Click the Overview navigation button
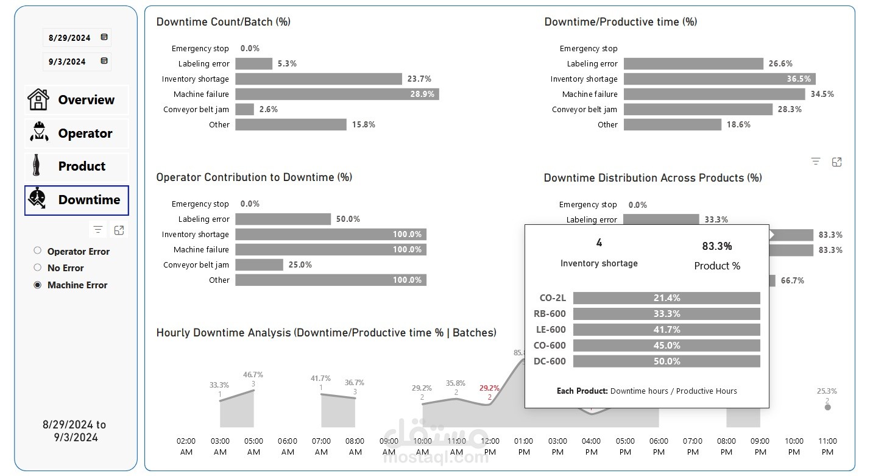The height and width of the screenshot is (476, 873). (77, 100)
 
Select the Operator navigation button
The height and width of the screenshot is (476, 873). (77, 133)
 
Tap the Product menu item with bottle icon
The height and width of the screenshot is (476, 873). (77, 166)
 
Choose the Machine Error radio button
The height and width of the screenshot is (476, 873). (38, 285)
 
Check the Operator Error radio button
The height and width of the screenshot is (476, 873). (38, 250)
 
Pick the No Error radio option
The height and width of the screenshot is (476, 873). (38, 268)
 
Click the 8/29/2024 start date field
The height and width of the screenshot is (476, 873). (69, 38)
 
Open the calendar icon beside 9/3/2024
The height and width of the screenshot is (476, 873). (104, 61)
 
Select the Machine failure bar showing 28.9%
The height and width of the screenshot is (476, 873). (336, 94)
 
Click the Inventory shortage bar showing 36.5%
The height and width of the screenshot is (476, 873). (719, 79)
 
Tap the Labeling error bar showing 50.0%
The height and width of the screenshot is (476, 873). (283, 219)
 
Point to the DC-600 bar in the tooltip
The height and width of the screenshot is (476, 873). (666, 361)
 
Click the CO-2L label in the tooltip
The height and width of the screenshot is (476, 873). (553, 298)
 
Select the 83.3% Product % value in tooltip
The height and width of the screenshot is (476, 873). (717, 246)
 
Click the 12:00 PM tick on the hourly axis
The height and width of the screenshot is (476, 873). (490, 446)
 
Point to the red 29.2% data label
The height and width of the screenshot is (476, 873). (489, 388)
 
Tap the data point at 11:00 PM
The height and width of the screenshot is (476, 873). (827, 407)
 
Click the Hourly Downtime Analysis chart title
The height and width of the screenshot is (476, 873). (326, 333)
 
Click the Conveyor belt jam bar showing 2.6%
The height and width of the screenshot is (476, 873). (244, 109)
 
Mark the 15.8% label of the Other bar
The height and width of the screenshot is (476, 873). (364, 124)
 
